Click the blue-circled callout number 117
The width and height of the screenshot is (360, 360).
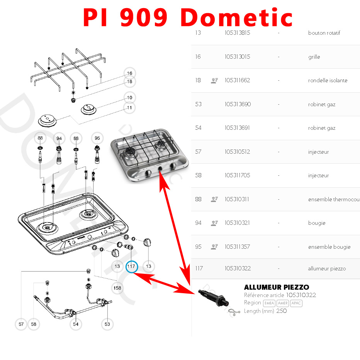click(132, 266)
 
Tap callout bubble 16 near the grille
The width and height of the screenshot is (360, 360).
click(130, 73)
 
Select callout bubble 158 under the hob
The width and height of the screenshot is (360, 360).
click(117, 288)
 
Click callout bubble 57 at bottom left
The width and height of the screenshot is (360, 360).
click(21, 324)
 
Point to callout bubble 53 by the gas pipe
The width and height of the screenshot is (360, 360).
click(107, 324)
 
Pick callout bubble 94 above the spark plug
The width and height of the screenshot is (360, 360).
click(59, 138)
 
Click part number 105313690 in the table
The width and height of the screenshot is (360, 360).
click(238, 104)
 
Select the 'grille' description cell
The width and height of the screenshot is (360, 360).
click(314, 57)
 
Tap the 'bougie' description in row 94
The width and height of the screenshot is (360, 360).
click(317, 223)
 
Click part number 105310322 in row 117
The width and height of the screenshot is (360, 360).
click(238, 268)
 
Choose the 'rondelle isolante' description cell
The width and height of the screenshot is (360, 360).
click(328, 80)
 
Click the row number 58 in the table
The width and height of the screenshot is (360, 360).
click(198, 175)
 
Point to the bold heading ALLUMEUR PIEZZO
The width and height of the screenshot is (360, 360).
click(277, 287)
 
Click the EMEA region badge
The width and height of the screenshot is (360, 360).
click(269, 303)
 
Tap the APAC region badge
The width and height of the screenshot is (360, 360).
click(296, 303)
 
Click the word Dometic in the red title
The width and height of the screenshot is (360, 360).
click(236, 17)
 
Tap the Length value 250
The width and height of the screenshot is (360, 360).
click(281, 311)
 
